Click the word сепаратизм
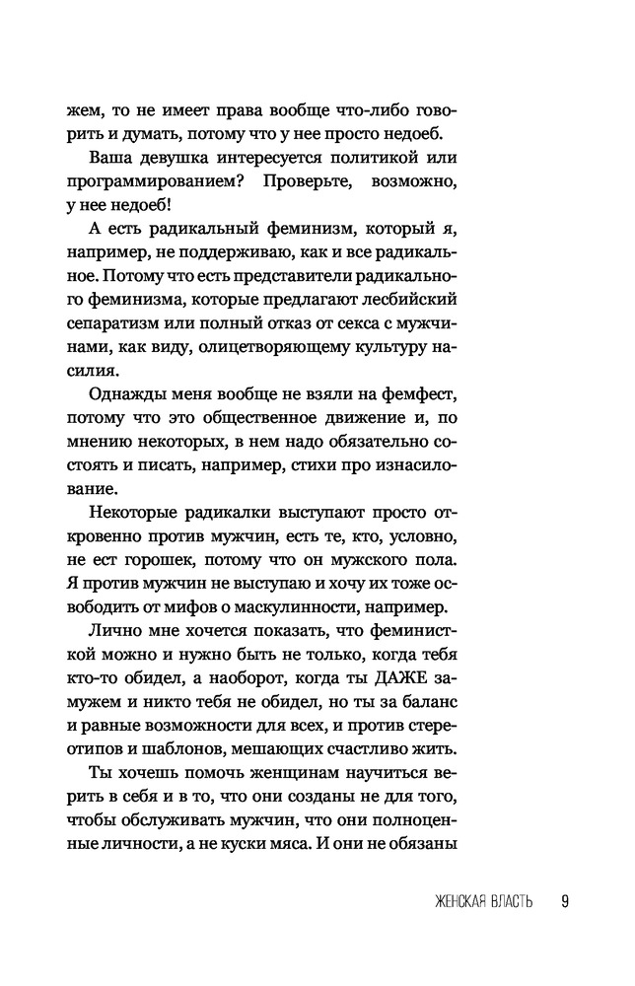[x=122, y=323]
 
